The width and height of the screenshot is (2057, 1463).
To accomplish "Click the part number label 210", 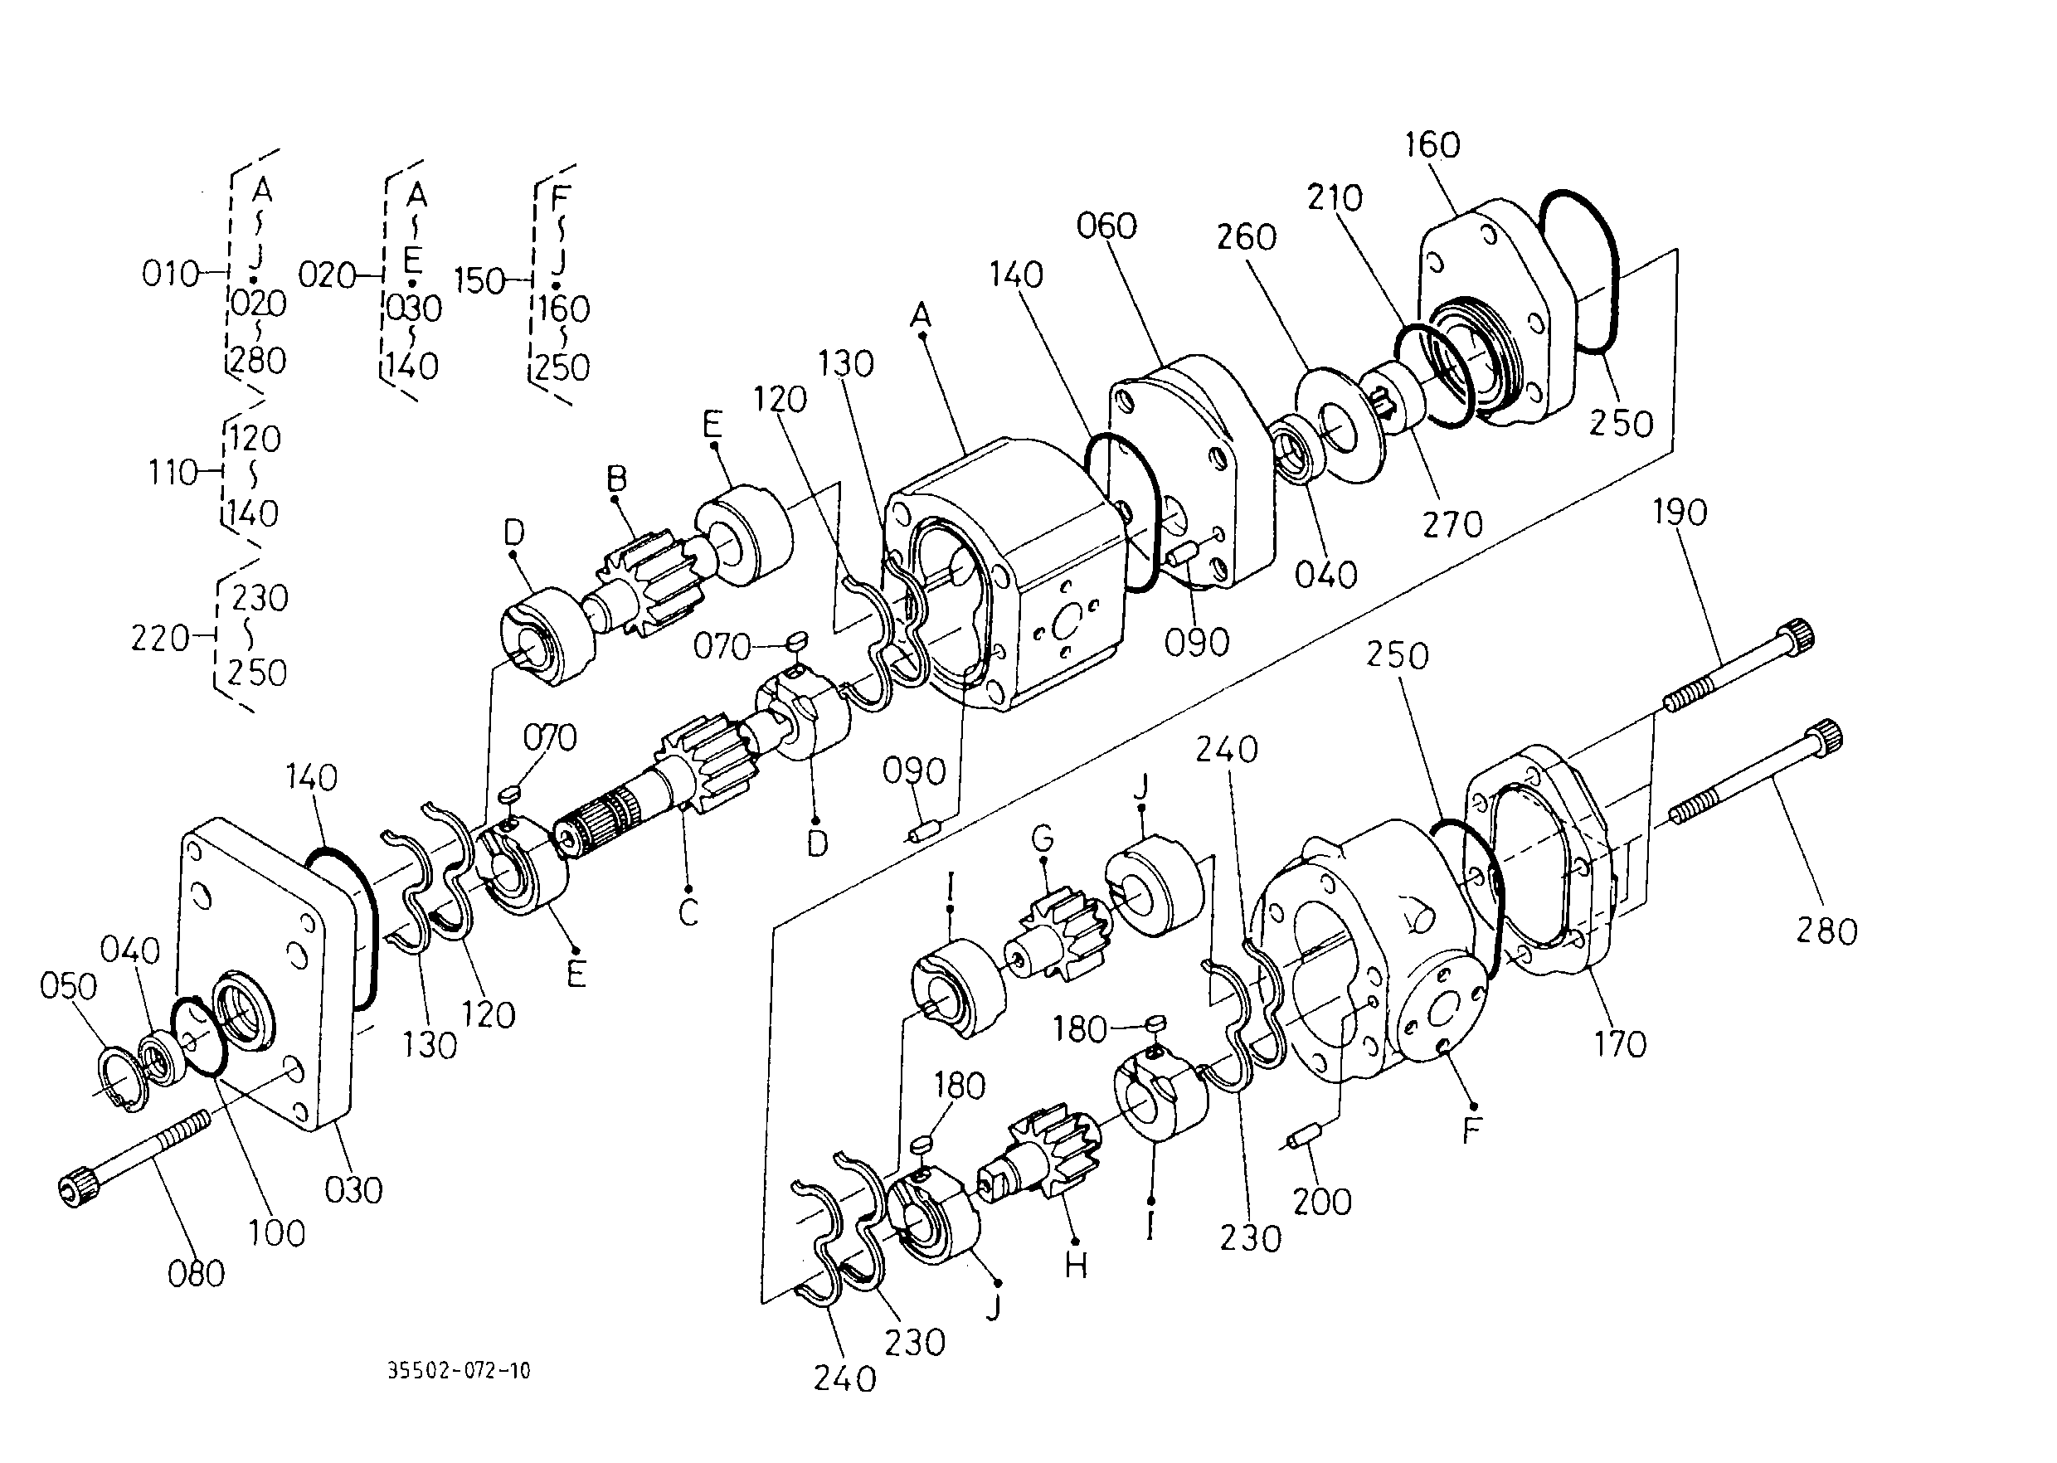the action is click(1335, 198).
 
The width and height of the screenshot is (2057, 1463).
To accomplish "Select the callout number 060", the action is click(1106, 226).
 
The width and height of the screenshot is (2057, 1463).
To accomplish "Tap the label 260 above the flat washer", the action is click(1247, 237).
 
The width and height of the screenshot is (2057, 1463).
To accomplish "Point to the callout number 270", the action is click(1452, 523).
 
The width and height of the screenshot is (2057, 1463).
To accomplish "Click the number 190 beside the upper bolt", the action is click(1680, 513).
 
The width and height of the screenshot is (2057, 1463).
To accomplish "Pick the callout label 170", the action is click(1619, 1044).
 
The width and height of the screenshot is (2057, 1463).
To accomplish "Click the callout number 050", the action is click(69, 986).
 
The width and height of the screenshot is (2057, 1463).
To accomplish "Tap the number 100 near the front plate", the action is click(276, 1232).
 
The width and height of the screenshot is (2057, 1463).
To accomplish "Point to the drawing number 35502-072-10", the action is click(459, 1371).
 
